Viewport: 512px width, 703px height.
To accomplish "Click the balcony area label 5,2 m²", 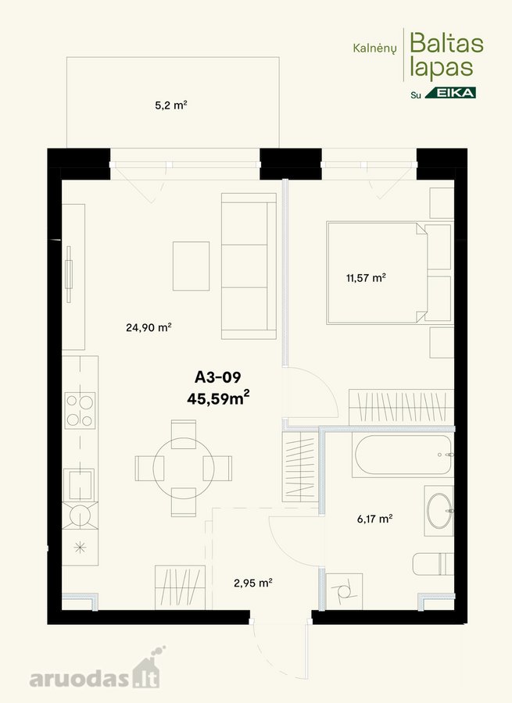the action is [171, 105].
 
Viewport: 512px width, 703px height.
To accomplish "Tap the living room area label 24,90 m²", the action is [149, 327].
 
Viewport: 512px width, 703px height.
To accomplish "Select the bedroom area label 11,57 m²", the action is [366, 278].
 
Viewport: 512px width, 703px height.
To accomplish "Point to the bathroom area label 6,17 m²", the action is [374, 519].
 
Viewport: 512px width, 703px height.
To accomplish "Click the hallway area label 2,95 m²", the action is [253, 583].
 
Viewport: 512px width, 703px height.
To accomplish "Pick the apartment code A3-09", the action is [217, 377].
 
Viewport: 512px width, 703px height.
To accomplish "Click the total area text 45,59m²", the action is [218, 398].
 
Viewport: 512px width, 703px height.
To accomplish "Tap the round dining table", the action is [184, 468].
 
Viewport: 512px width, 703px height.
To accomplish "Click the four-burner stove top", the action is [81, 410].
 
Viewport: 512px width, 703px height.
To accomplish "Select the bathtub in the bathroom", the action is [402, 455].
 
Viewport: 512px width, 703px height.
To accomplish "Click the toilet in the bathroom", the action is [434, 564].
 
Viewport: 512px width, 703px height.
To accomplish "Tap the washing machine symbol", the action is [344, 591].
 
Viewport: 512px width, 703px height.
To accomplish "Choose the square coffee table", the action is [192, 266].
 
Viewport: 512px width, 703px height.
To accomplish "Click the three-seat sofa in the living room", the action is [249, 266].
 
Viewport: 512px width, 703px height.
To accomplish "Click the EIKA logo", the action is [450, 93].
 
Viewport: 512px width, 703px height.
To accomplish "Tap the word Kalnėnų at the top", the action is [374, 48].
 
